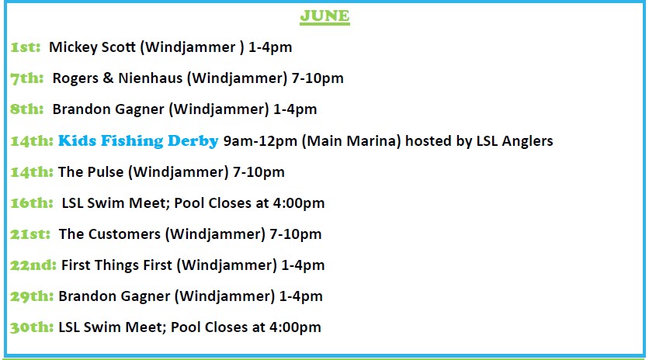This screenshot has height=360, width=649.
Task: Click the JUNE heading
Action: click(325, 16)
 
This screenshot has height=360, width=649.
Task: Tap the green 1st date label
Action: click(26, 47)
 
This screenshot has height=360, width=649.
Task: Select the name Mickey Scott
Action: click(92, 47)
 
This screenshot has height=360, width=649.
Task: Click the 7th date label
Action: click(27, 78)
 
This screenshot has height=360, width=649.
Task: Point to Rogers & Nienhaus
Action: click(117, 78)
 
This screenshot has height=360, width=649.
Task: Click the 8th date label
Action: click(27, 109)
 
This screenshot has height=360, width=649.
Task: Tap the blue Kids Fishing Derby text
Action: click(138, 140)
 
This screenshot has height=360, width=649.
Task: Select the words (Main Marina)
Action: click(352, 141)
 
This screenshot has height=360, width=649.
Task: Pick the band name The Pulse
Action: click(91, 172)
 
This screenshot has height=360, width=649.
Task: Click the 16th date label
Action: click(32, 203)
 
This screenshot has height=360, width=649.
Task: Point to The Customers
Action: click(109, 234)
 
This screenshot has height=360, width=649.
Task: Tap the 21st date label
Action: click(30, 234)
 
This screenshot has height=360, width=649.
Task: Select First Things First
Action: click(116, 265)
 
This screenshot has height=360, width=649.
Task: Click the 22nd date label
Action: click(33, 265)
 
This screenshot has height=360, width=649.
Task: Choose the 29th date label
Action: click(32, 296)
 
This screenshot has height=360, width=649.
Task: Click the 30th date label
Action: click(32, 327)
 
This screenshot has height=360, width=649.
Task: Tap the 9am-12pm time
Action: click(260, 141)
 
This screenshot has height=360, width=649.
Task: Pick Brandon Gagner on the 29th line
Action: click(114, 296)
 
